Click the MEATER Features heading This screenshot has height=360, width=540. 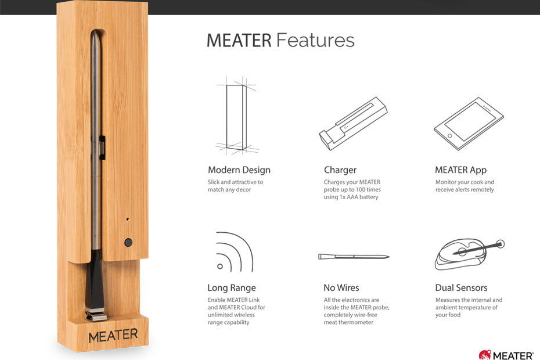pyautogui.click(x=280, y=41)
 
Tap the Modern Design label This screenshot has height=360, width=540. pyautogui.click(x=239, y=170)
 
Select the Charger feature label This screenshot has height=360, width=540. pyautogui.click(x=340, y=170)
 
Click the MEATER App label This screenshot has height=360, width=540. pyautogui.click(x=460, y=170)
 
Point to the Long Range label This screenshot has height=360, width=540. pyautogui.click(x=231, y=288)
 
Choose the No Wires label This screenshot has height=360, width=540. pyautogui.click(x=341, y=288)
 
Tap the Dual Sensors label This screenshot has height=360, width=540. pyautogui.click(x=461, y=288)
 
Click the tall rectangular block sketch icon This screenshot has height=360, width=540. pyautogui.click(x=236, y=116)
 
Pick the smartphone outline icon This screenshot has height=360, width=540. pyautogui.click(x=469, y=124)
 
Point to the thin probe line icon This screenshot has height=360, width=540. pyautogui.click(x=353, y=256)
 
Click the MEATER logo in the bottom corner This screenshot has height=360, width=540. pyautogui.click(x=506, y=354)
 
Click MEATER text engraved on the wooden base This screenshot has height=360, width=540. pyautogui.click(x=113, y=336)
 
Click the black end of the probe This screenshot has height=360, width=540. pyautogui.click(x=98, y=287)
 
